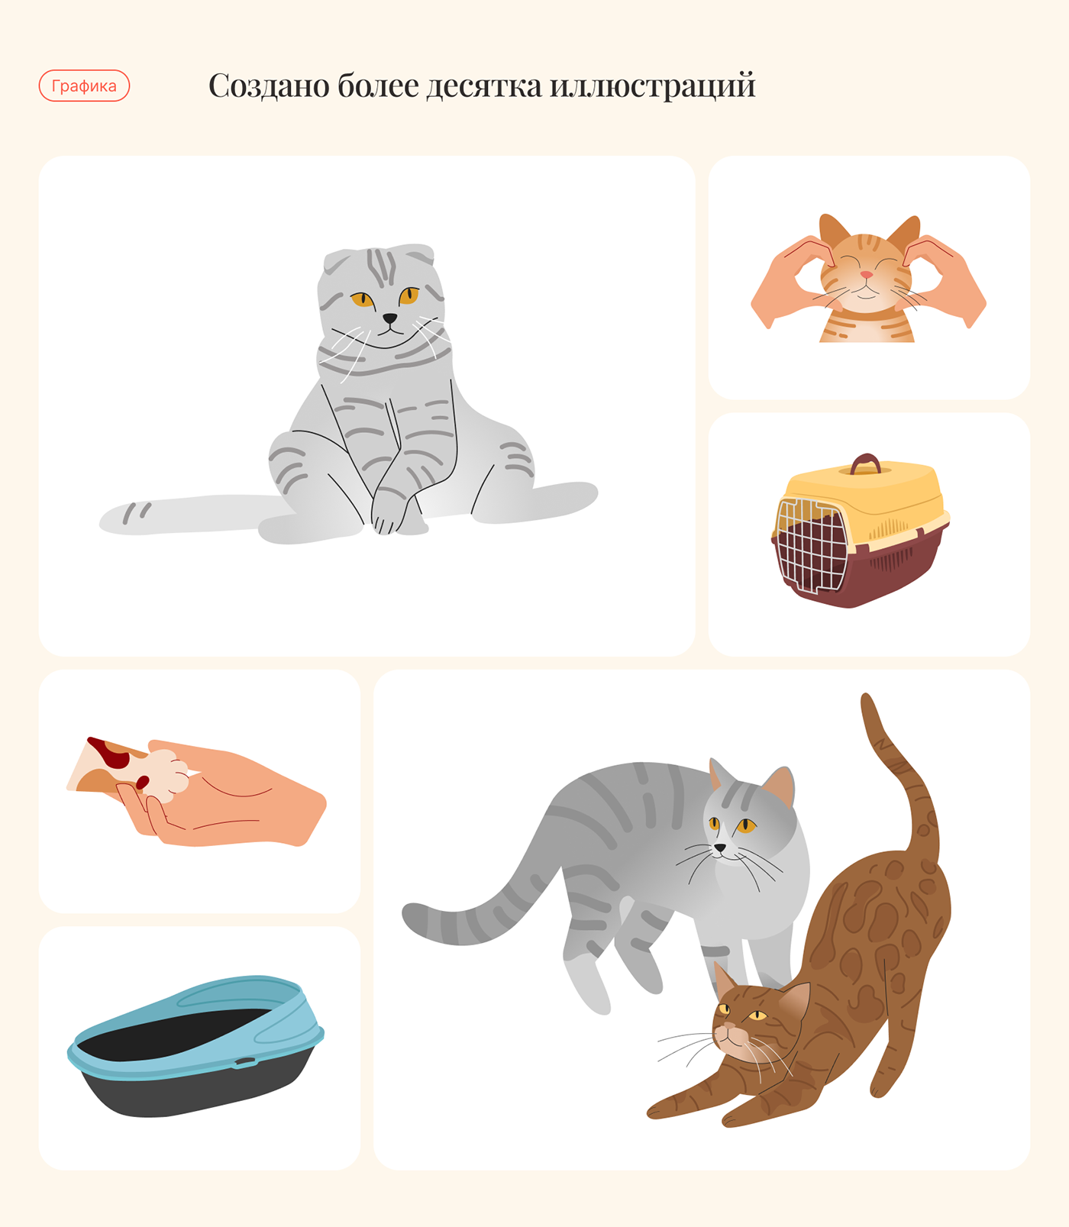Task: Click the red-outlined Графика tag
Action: click(84, 86)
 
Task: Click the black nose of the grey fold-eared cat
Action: click(389, 318)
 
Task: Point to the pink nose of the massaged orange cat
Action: click(867, 274)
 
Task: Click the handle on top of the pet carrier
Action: click(865, 463)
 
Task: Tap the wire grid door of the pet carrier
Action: click(810, 544)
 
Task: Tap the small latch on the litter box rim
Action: click(245, 1061)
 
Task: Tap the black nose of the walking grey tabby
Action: click(719, 848)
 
